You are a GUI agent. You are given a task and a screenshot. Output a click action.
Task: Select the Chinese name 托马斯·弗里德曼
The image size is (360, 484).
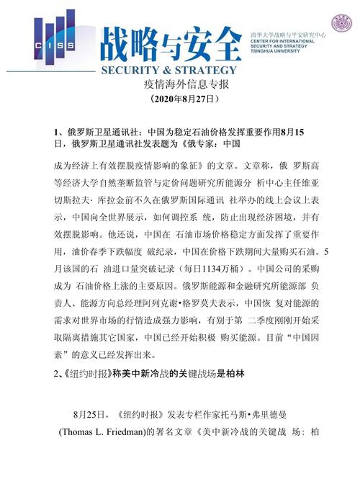coord(270,416)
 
